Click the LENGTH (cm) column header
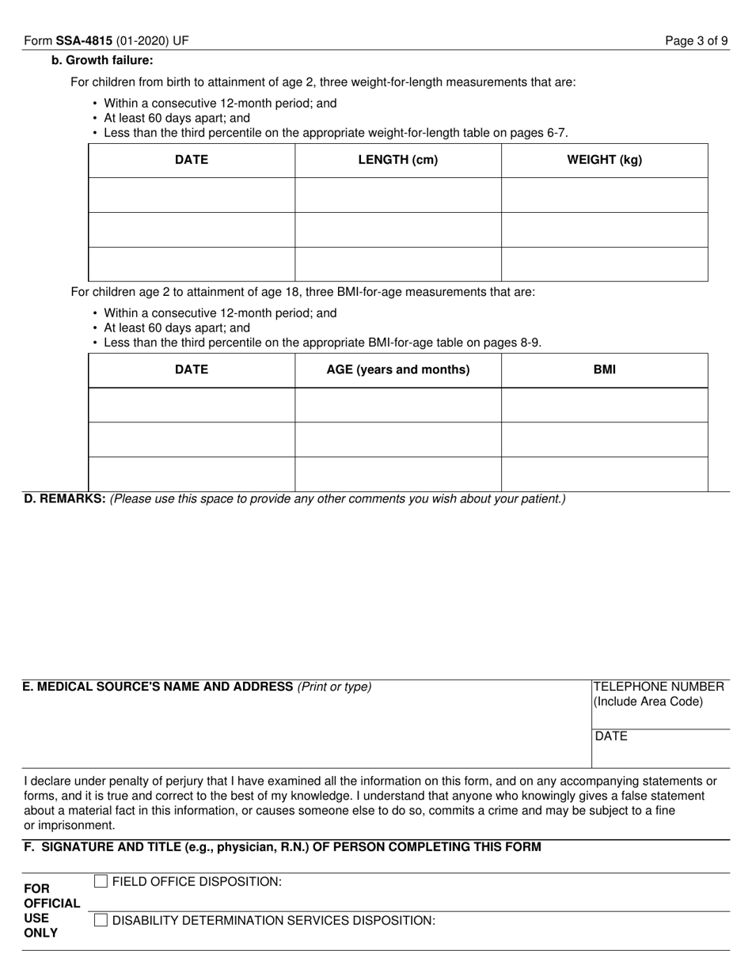click(397, 160)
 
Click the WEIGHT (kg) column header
click(604, 160)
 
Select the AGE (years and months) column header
click(397, 369)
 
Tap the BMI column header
click(604, 369)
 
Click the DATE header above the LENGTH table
click(192, 160)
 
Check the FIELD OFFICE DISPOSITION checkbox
click(101, 881)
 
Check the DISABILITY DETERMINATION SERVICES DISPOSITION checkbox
click(101, 920)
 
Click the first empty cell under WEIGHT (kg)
click(604, 195)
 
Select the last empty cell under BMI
click(604, 474)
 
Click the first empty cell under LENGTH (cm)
click(397, 195)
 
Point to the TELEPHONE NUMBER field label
click(659, 687)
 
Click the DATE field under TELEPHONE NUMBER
click(661, 748)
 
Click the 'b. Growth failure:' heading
click(102, 60)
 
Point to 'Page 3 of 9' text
click(697, 41)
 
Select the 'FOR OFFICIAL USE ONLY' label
click(51, 911)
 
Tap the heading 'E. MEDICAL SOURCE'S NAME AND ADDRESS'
click(158, 687)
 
